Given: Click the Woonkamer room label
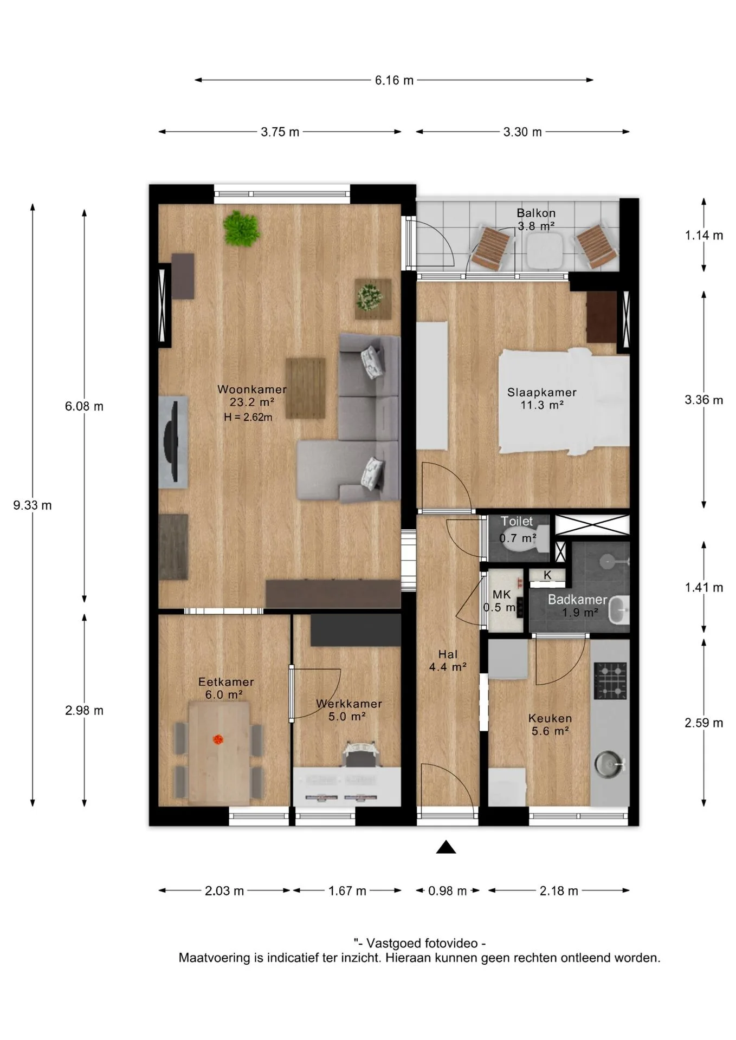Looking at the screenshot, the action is (x=252, y=389).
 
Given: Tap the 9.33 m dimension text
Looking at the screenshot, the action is (x=33, y=505).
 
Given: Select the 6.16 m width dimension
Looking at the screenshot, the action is (x=394, y=80).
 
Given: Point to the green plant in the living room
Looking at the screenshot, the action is (x=242, y=228).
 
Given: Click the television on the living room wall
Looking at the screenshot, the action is (x=173, y=441).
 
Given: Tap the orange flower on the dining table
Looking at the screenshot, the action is (x=218, y=739).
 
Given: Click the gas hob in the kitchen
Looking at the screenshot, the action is (x=610, y=680).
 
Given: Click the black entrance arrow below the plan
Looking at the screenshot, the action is (x=446, y=847).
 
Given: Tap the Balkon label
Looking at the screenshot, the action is (x=536, y=213).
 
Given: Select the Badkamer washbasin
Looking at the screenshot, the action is (x=618, y=610).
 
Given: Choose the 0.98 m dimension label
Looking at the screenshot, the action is (x=447, y=891).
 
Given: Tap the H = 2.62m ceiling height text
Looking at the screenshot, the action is (x=248, y=417).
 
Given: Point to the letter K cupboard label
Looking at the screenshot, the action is (x=547, y=575).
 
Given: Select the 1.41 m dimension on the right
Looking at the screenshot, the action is (x=703, y=588).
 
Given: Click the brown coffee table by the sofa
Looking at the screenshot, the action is (x=306, y=388).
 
